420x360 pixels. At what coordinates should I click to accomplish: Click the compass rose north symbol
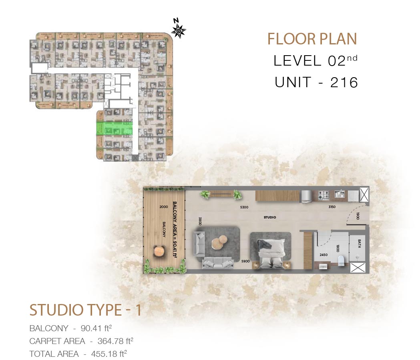pos(179,30)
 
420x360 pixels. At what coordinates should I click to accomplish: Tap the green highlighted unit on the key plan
pos(115,128)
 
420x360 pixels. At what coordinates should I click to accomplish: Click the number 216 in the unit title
pos(344,82)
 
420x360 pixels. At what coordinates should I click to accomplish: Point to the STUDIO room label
pos(270,217)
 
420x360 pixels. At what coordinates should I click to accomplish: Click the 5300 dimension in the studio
pos(244,207)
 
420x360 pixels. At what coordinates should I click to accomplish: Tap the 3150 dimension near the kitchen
pos(332,207)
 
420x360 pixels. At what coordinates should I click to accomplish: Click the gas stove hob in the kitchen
pos(324,195)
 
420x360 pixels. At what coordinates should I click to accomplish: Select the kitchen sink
pos(340,194)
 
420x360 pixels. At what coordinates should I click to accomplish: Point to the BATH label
pos(359,243)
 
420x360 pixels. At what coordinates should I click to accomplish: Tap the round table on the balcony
pos(159,251)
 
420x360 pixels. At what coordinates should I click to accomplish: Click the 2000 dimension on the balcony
pos(164,207)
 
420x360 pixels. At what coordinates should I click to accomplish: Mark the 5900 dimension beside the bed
pos(245,261)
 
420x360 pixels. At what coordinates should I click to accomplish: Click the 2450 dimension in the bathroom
pos(324,255)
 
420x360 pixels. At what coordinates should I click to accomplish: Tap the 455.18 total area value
pos(109,354)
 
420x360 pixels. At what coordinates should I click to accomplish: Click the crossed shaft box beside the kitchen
pos(364,194)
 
